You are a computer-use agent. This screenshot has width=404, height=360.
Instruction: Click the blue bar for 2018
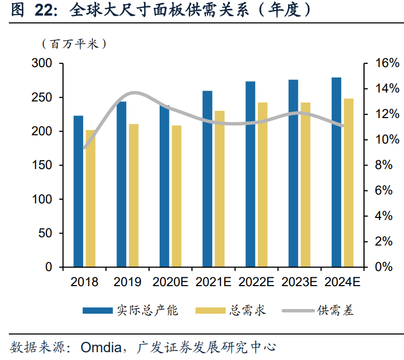pos(78,191)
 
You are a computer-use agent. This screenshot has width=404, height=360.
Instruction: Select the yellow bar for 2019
pos(134,196)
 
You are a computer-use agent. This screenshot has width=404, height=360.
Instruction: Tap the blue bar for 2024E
pos(336,172)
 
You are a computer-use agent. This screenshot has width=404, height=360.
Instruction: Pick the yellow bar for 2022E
pos(263,185)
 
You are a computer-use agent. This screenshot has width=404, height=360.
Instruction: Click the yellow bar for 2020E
pos(177,196)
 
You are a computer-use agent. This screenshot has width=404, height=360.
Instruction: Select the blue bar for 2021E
pos(207,179)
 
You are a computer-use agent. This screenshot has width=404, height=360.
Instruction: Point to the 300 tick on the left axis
pos(42,63)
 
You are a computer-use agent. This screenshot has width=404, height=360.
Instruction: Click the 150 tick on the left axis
pos(42,165)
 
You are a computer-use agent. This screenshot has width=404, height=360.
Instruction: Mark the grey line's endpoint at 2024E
pos(342,125)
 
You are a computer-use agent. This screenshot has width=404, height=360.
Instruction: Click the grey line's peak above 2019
pos(134,93)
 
